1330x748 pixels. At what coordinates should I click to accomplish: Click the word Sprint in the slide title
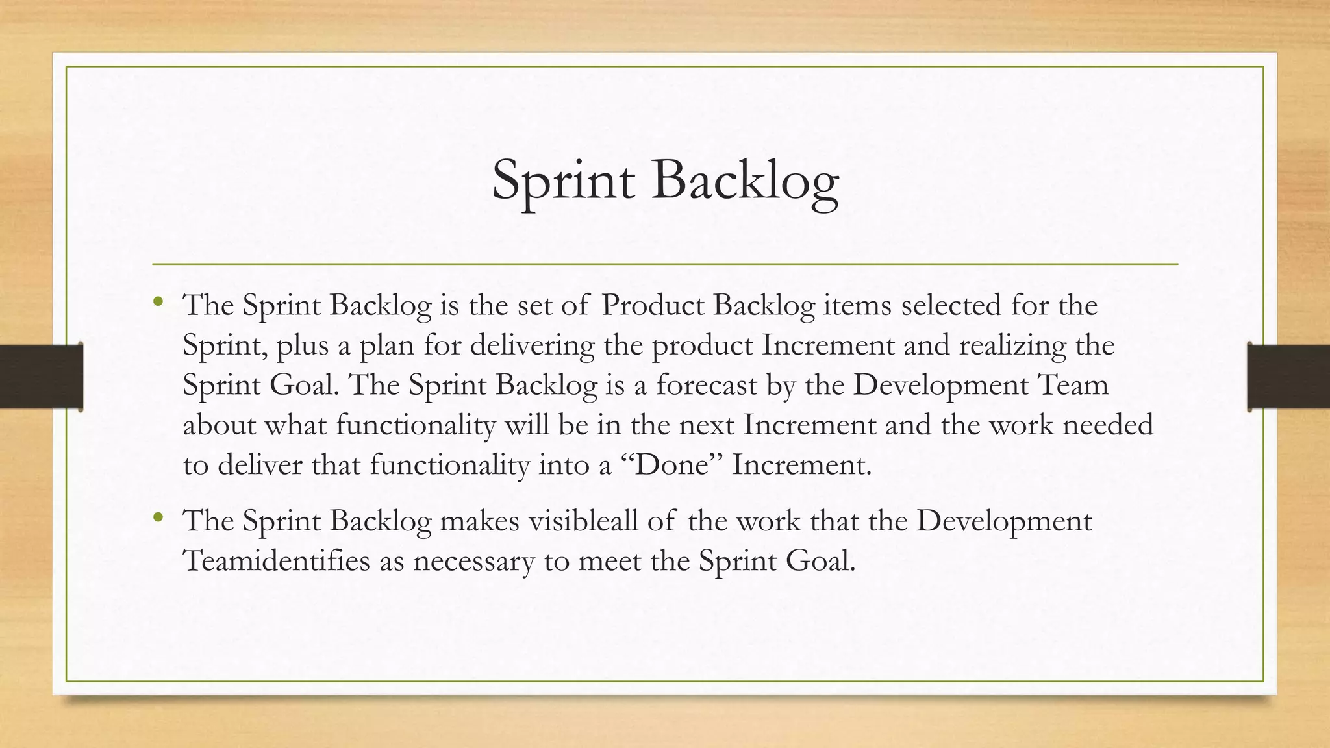tap(562, 181)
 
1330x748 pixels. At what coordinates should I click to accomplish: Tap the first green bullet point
tap(158, 301)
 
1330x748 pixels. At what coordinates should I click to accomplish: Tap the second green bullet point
tap(158, 517)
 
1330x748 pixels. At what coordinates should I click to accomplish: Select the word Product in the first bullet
tap(653, 305)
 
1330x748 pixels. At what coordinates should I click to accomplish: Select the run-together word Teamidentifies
tap(276, 561)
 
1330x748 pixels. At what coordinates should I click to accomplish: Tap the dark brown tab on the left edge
tap(41, 377)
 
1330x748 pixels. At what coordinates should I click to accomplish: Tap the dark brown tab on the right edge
tap(1288, 377)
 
